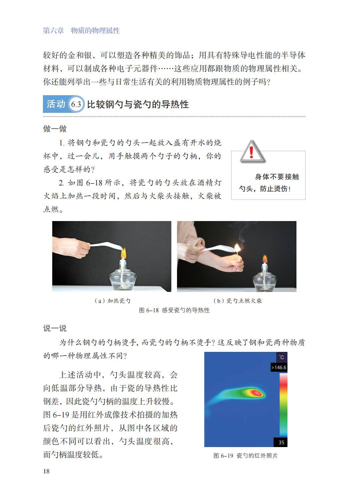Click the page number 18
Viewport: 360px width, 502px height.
point(46,471)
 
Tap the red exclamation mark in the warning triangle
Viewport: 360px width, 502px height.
point(251,152)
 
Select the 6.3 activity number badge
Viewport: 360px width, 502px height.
point(76,104)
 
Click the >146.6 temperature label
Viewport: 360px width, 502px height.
point(279,368)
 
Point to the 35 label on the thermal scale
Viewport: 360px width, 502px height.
point(281,442)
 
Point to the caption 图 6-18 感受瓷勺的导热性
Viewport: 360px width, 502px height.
point(174,310)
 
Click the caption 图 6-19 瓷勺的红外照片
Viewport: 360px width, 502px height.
point(246,456)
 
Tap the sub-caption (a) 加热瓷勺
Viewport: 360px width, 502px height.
point(112,301)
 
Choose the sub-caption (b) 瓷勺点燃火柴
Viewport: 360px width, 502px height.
point(238,301)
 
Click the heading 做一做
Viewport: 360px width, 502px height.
point(55,129)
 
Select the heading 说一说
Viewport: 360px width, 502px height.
point(55,328)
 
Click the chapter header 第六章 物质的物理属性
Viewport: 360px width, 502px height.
point(81,30)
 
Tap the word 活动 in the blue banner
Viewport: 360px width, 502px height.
point(56,104)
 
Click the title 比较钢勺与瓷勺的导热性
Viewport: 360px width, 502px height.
point(138,104)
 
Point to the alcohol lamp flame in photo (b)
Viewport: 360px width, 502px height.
point(265,259)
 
